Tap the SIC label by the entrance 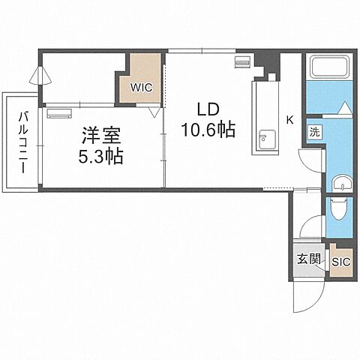point(340,262)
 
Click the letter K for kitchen point(289,118)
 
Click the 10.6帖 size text point(208,129)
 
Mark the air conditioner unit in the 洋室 point(58,115)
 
